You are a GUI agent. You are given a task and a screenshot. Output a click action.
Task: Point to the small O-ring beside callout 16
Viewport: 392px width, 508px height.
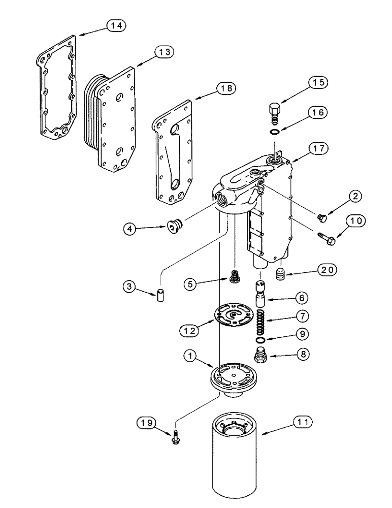pos(274,133)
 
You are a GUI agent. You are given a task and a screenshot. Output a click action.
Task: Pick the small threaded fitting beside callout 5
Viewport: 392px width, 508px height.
pos(235,277)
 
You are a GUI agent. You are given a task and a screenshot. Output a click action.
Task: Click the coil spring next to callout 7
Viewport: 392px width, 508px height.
pos(260,322)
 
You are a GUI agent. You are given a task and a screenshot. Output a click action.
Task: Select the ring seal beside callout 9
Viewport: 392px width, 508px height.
pos(260,341)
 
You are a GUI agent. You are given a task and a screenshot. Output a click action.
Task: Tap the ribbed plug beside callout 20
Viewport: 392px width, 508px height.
pos(281,275)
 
